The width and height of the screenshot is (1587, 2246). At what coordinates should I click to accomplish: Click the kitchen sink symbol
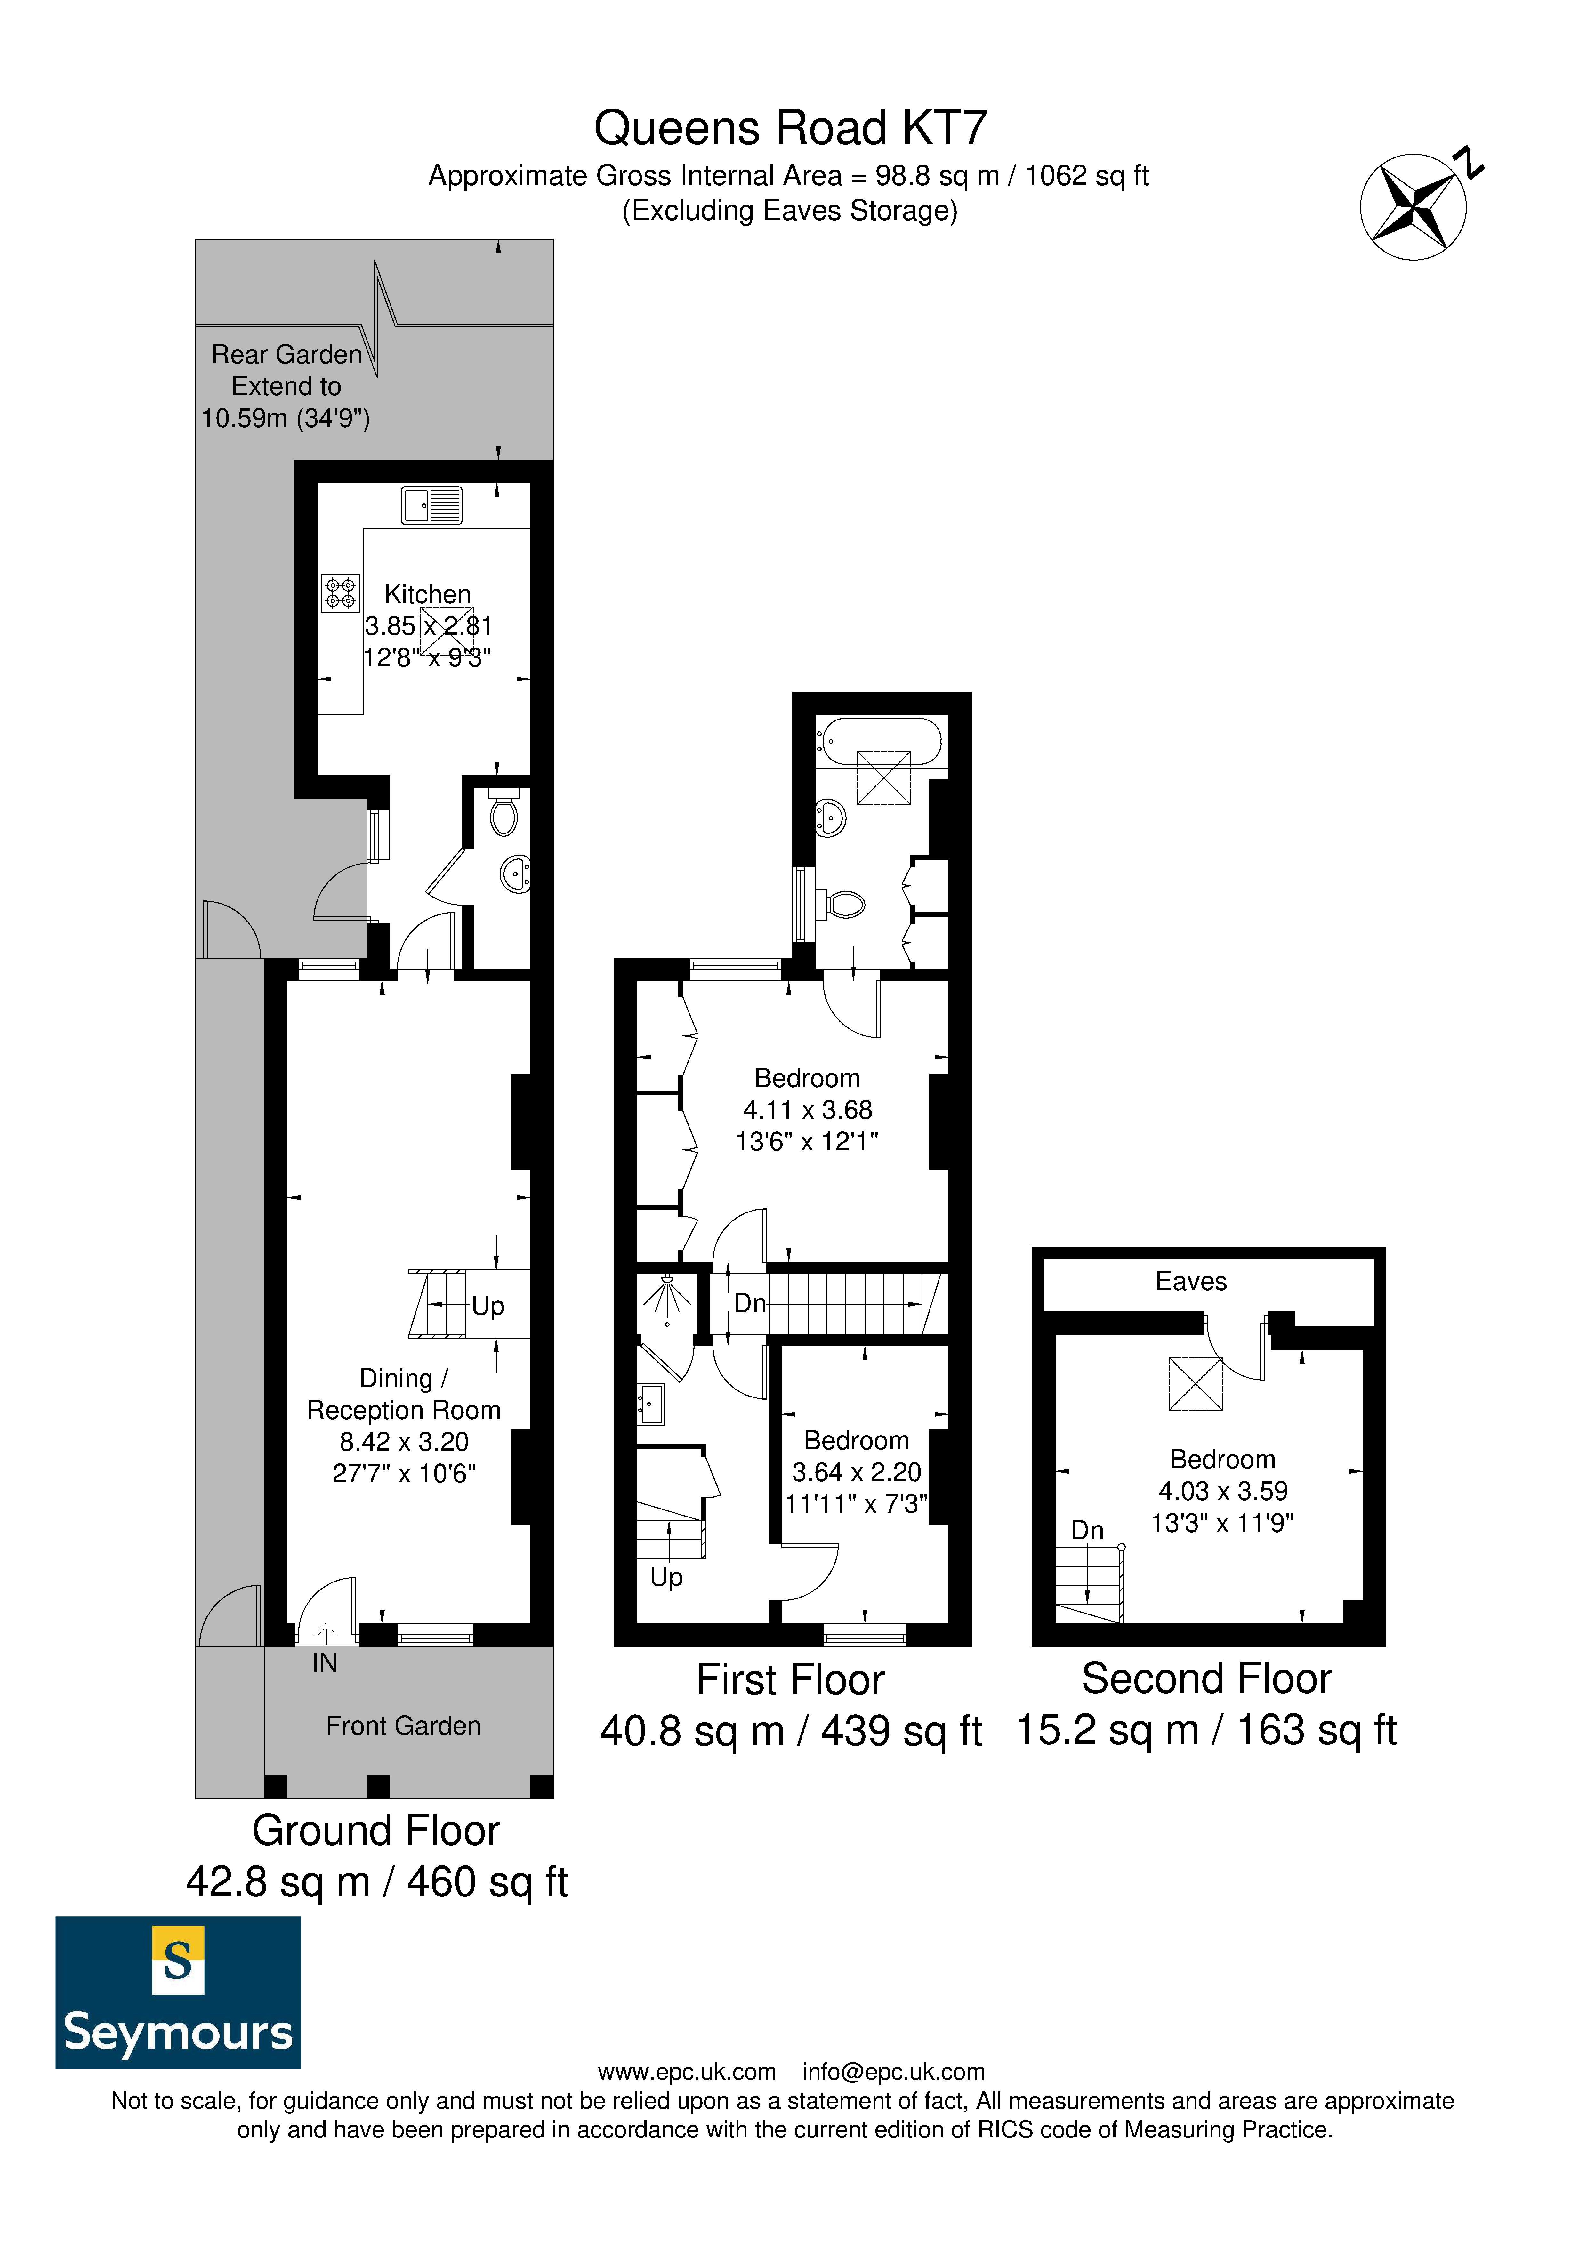click(x=431, y=506)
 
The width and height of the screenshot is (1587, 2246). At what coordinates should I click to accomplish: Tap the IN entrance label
click(x=325, y=1663)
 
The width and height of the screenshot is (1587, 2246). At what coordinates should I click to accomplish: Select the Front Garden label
click(x=403, y=1726)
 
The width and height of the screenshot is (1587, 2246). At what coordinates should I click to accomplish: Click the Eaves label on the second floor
click(x=1191, y=1282)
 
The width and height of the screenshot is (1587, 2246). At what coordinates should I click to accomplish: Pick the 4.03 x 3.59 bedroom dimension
click(x=1223, y=1491)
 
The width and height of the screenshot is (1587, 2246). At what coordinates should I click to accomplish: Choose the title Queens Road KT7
click(x=791, y=127)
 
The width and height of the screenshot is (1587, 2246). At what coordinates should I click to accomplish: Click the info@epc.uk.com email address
click(x=893, y=2072)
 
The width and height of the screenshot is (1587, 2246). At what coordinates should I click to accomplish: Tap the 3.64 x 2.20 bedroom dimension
click(x=856, y=1472)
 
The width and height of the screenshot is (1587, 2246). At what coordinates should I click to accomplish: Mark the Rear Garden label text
click(x=287, y=354)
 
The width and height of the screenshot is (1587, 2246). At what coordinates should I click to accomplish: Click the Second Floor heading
click(x=1206, y=1678)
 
